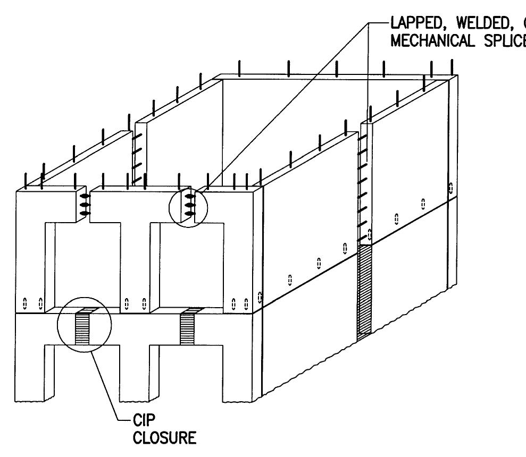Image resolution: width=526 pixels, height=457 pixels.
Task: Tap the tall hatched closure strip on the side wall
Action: pyautogui.click(x=364, y=290)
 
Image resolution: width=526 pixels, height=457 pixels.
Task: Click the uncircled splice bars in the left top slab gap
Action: pyautogui.click(x=84, y=204)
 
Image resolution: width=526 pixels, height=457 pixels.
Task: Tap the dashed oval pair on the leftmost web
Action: pyautogui.click(x=32, y=303)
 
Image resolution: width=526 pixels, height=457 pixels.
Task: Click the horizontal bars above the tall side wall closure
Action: pyautogui.click(x=364, y=186)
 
